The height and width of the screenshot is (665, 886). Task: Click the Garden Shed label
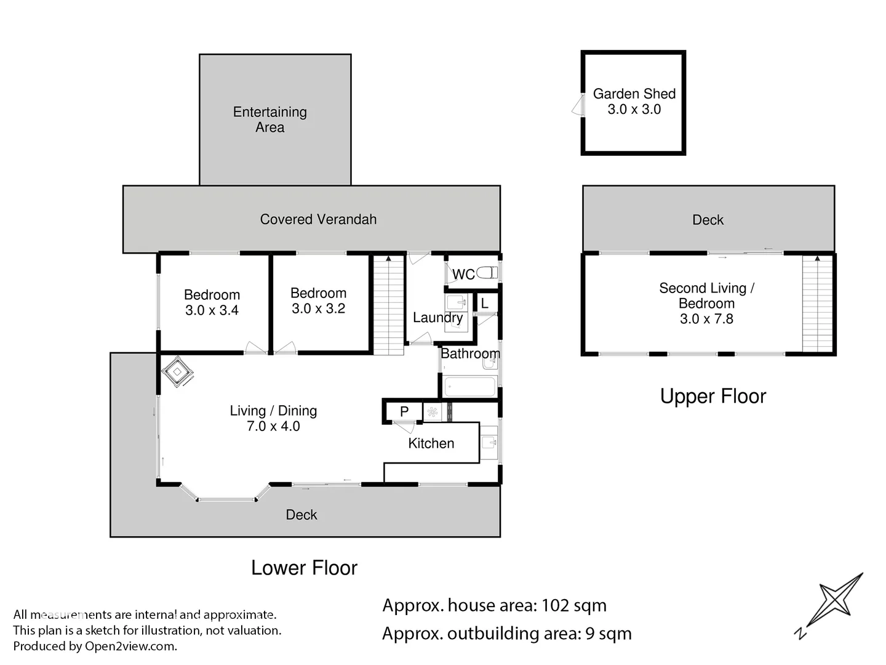pos(634,94)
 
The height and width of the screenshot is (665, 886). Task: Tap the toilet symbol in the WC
pos(487,273)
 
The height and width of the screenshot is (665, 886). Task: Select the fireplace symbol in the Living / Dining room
pos(177,371)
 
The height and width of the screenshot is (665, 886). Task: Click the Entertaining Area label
pos(269,119)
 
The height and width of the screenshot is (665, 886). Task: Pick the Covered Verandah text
pos(318,219)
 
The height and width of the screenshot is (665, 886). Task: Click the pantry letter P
pos(404,411)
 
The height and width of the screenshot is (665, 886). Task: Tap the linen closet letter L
pos(484,303)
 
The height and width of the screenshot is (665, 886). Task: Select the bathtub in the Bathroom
pos(469,387)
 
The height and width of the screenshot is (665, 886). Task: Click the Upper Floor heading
pos(713,397)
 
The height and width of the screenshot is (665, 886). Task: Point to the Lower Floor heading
pos(304,568)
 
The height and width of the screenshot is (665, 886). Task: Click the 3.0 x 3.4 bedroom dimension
pos(212,310)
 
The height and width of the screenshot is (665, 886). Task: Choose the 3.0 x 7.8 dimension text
pos(706,318)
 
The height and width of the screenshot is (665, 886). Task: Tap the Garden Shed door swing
pos(578,105)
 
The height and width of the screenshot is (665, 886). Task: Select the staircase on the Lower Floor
pos(388,305)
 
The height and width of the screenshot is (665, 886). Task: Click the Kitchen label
pos(431,443)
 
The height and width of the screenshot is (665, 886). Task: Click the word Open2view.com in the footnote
pos(130,647)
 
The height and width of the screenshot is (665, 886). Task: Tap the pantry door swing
pos(404,427)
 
